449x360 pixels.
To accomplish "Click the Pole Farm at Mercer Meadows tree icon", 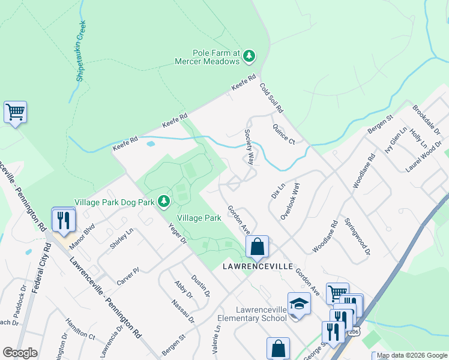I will pyautogui.click(x=249, y=56).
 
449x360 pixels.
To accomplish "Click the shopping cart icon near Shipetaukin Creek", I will pyautogui.click(x=15, y=112).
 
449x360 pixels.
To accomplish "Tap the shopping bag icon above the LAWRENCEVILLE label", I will pyautogui.click(x=257, y=246).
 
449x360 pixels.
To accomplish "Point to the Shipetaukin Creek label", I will pyautogui.click(x=80, y=52).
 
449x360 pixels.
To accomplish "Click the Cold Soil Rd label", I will pyautogui.click(x=271, y=98).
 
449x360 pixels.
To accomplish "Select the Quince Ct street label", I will pyautogui.click(x=283, y=134).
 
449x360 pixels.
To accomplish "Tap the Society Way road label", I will pyautogui.click(x=249, y=146).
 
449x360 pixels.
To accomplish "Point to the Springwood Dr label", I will pyautogui.click(x=357, y=237).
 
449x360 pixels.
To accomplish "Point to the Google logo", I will pyautogui.click(x=20, y=353).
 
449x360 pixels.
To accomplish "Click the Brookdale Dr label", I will pyautogui.click(x=427, y=119).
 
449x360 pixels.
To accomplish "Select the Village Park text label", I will pyautogui.click(x=199, y=218).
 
